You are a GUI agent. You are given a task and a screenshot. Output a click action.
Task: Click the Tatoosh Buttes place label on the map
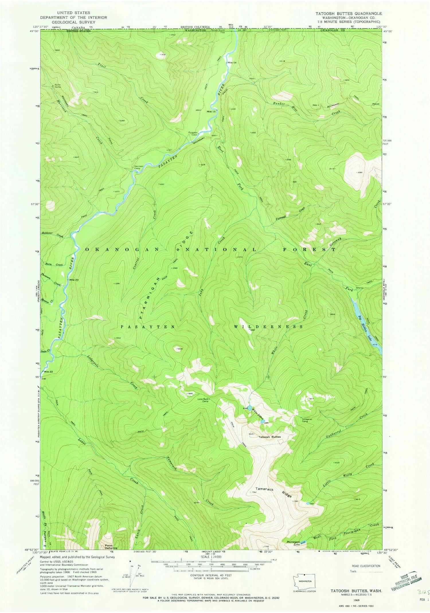pos(269,437)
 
